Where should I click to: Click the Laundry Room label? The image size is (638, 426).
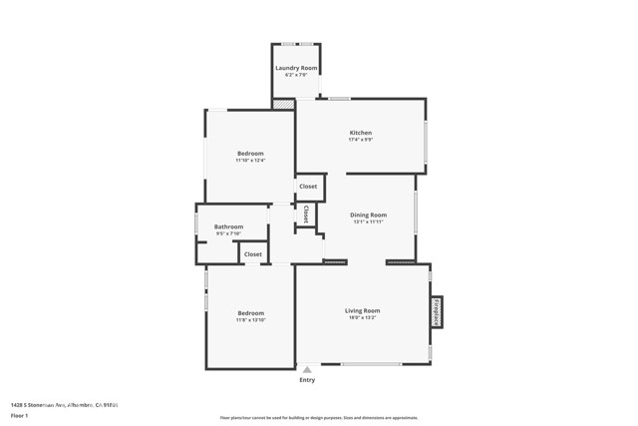[x=296, y=68]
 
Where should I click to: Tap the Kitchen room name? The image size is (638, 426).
[x=360, y=133]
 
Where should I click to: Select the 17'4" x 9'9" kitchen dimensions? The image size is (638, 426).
[x=360, y=141]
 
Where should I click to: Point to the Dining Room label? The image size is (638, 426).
[x=368, y=214]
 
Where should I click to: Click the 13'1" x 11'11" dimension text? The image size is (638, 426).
[x=368, y=222]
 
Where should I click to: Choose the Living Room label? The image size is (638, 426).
[x=362, y=311]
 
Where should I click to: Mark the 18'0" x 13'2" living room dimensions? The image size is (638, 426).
[x=362, y=319]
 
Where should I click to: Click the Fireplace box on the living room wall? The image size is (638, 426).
[x=437, y=311]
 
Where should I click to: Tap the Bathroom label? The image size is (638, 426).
[x=228, y=226]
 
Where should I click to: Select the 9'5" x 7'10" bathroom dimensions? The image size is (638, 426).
[x=228, y=234]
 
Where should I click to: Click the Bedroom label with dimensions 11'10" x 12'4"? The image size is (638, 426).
[x=249, y=153]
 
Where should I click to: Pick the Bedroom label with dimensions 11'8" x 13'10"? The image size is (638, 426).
[x=250, y=313]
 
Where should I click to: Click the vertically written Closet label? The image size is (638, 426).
[x=306, y=213]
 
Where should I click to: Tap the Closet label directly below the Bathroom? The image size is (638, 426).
[x=253, y=254]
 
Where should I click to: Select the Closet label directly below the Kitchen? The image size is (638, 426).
[x=308, y=187]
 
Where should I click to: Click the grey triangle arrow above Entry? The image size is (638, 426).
[x=307, y=369]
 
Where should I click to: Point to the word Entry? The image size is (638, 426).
[x=307, y=380]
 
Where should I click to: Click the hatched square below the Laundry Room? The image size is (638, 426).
[x=285, y=103]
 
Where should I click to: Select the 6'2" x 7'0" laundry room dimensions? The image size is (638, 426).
[x=296, y=75]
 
